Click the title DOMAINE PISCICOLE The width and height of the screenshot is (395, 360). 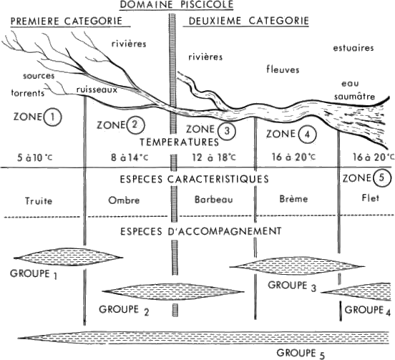(177, 4)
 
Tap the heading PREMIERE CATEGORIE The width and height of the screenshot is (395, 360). (67, 21)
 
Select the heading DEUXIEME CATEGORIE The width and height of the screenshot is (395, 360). (248, 21)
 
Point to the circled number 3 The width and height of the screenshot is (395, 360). (227, 131)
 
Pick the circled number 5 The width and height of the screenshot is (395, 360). (382, 178)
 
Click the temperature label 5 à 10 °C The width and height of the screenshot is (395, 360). (35, 157)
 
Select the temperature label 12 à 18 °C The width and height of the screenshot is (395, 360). (214, 157)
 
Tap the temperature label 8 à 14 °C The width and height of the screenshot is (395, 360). (130, 157)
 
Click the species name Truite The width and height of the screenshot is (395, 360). (39, 201)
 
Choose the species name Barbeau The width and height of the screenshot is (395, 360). (214, 200)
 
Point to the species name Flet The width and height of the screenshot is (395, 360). (371, 198)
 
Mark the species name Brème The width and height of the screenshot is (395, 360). (293, 199)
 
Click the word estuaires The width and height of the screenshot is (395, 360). (353, 48)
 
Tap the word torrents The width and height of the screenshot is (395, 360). (28, 93)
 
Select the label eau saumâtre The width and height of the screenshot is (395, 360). (354, 90)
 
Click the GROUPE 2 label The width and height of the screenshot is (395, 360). (124, 311)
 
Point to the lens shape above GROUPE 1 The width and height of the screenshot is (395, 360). (69, 257)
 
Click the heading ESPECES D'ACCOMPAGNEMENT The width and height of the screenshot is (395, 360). (201, 231)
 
